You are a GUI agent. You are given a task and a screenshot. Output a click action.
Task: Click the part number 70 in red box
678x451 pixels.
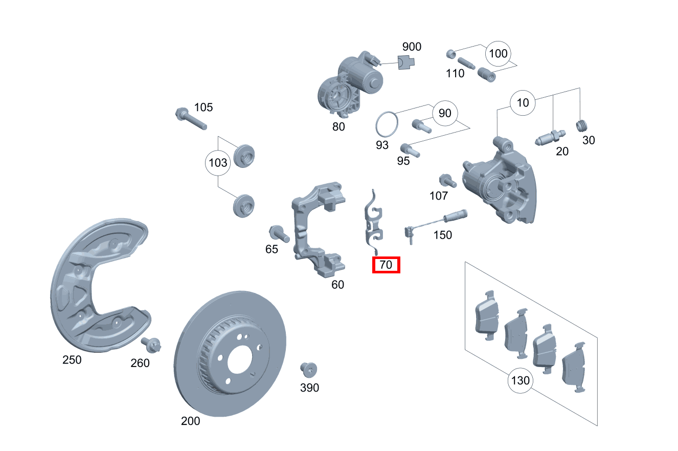pos(386,265)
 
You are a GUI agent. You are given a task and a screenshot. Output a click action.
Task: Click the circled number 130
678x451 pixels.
pos(520,381)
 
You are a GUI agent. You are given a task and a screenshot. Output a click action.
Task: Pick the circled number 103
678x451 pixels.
pos(218,163)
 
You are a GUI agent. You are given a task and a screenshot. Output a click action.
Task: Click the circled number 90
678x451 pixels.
pos(445,113)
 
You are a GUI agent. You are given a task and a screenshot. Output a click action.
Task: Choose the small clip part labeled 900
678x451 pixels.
pos(406,62)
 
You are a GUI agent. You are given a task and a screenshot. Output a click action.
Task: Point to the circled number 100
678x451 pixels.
pos(498,53)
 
